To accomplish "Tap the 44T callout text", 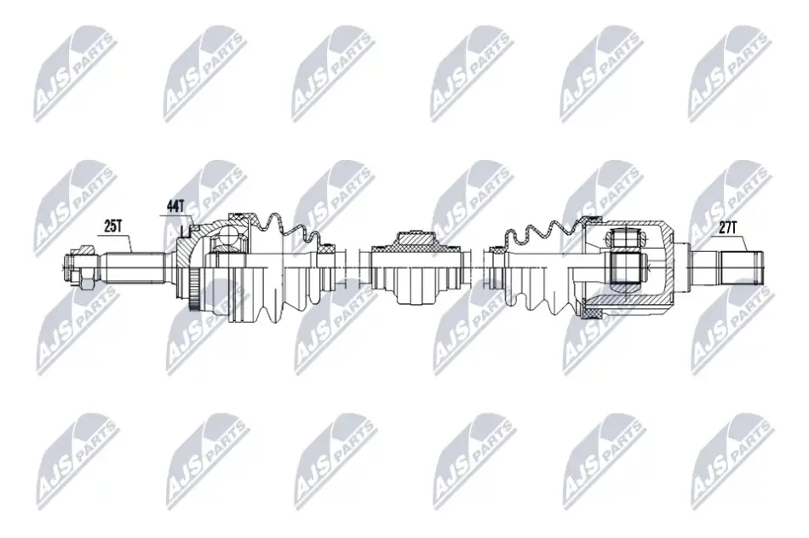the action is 175,206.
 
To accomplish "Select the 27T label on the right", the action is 727,227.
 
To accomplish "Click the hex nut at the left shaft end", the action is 85,281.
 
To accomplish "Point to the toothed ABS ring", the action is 194,291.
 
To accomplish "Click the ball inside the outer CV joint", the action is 229,239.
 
